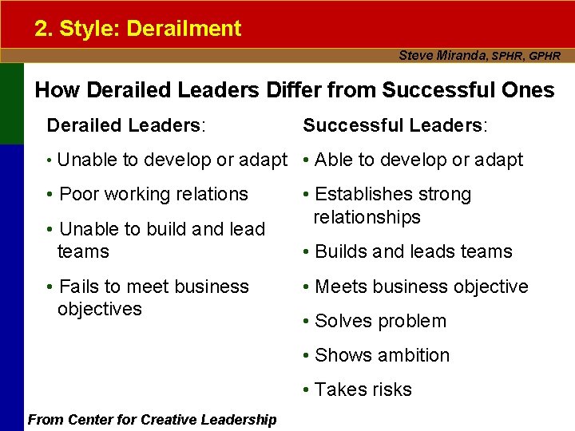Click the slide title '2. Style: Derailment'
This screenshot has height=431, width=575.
tap(137, 29)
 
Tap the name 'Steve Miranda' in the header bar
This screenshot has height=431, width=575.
tap(442, 56)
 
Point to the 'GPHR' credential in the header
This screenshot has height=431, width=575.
tap(544, 57)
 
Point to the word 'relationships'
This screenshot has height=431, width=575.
tap(367, 217)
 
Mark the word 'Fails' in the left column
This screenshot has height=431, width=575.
tap(80, 287)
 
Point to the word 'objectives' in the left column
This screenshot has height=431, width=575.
tap(99, 309)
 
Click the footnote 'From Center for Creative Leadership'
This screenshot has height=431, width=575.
tap(153, 419)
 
